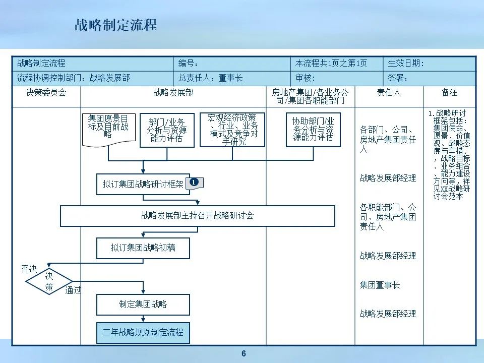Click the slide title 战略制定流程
click(115, 25)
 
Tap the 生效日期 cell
click(429, 64)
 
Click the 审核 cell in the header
click(337, 78)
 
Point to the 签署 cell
click(429, 78)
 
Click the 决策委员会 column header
click(46, 93)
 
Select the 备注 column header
click(449, 93)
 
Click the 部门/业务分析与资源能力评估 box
click(167, 130)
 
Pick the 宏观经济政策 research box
click(232, 130)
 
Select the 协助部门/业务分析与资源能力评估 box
click(313, 130)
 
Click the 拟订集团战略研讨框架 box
click(143, 185)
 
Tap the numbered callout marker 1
click(195, 183)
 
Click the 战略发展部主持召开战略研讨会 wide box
click(198, 216)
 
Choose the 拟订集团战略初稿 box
click(143, 248)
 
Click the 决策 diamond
click(49, 282)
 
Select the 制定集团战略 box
click(143, 305)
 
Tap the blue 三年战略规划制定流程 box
click(143, 333)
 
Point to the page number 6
click(244, 354)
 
